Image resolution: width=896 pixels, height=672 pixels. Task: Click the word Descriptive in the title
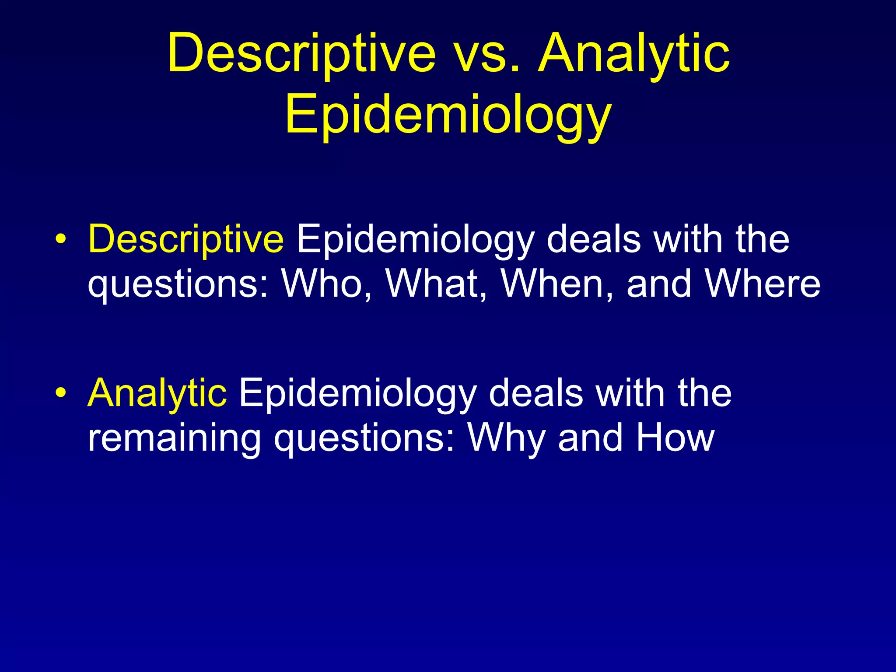302,53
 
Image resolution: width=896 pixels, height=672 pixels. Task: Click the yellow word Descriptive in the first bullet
186,239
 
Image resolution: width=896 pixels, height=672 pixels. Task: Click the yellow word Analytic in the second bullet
157,393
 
